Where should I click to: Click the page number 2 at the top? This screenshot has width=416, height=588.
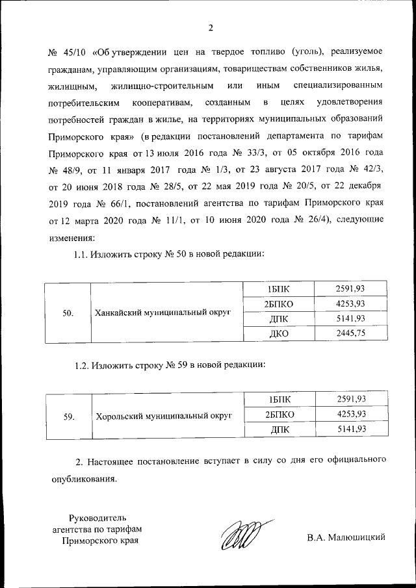tap(210, 27)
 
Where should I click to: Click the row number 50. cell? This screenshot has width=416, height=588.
tap(68, 313)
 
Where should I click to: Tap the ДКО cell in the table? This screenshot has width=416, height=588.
tap(278, 333)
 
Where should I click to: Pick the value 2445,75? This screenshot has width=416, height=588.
tap(352, 333)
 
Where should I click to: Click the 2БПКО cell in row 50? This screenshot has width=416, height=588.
tap(278, 303)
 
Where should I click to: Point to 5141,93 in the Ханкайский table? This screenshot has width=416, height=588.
tap(352, 318)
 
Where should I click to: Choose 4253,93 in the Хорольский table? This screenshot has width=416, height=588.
tap(352, 414)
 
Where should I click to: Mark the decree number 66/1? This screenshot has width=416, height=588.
tap(112, 203)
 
